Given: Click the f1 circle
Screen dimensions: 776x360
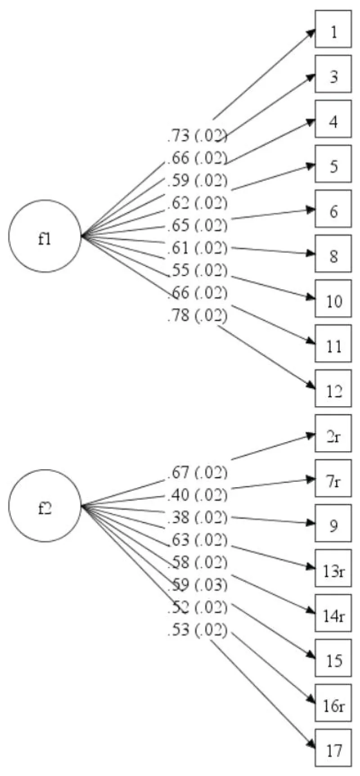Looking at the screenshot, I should pyautogui.click(x=45, y=236).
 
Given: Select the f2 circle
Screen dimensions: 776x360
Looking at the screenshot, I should pyautogui.click(x=45, y=506).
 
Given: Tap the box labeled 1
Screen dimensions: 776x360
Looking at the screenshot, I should pyautogui.click(x=333, y=29).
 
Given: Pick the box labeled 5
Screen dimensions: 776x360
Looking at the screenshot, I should pyautogui.click(x=333, y=164).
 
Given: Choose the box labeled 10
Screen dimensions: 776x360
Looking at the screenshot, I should pyautogui.click(x=333, y=299).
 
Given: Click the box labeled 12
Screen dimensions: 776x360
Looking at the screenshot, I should pyautogui.click(x=333, y=389).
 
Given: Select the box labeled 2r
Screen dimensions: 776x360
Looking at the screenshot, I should pyautogui.click(x=333, y=434).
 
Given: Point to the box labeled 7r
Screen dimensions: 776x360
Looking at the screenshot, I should pyautogui.click(x=333, y=479).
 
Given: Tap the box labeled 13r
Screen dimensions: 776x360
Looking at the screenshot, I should pyautogui.click(x=333, y=569).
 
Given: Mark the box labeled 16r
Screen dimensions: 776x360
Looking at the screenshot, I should pyautogui.click(x=333, y=704).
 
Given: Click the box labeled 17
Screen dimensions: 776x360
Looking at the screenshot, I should pyautogui.click(x=333, y=749).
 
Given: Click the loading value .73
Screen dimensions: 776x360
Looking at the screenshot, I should pyautogui.click(x=178, y=135).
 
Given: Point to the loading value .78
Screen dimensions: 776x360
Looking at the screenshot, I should pyautogui.click(x=178, y=315).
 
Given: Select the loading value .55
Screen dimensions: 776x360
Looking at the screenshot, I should pyautogui.click(x=178, y=270).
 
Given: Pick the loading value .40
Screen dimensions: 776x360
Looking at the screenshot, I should pyautogui.click(x=178, y=495).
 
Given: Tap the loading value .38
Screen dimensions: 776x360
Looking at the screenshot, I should pyautogui.click(x=178, y=518).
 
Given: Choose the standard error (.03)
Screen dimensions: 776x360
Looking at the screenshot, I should pyautogui.click(x=211, y=585).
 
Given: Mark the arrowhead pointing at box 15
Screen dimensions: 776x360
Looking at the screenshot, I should pyautogui.click(x=311, y=658).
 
